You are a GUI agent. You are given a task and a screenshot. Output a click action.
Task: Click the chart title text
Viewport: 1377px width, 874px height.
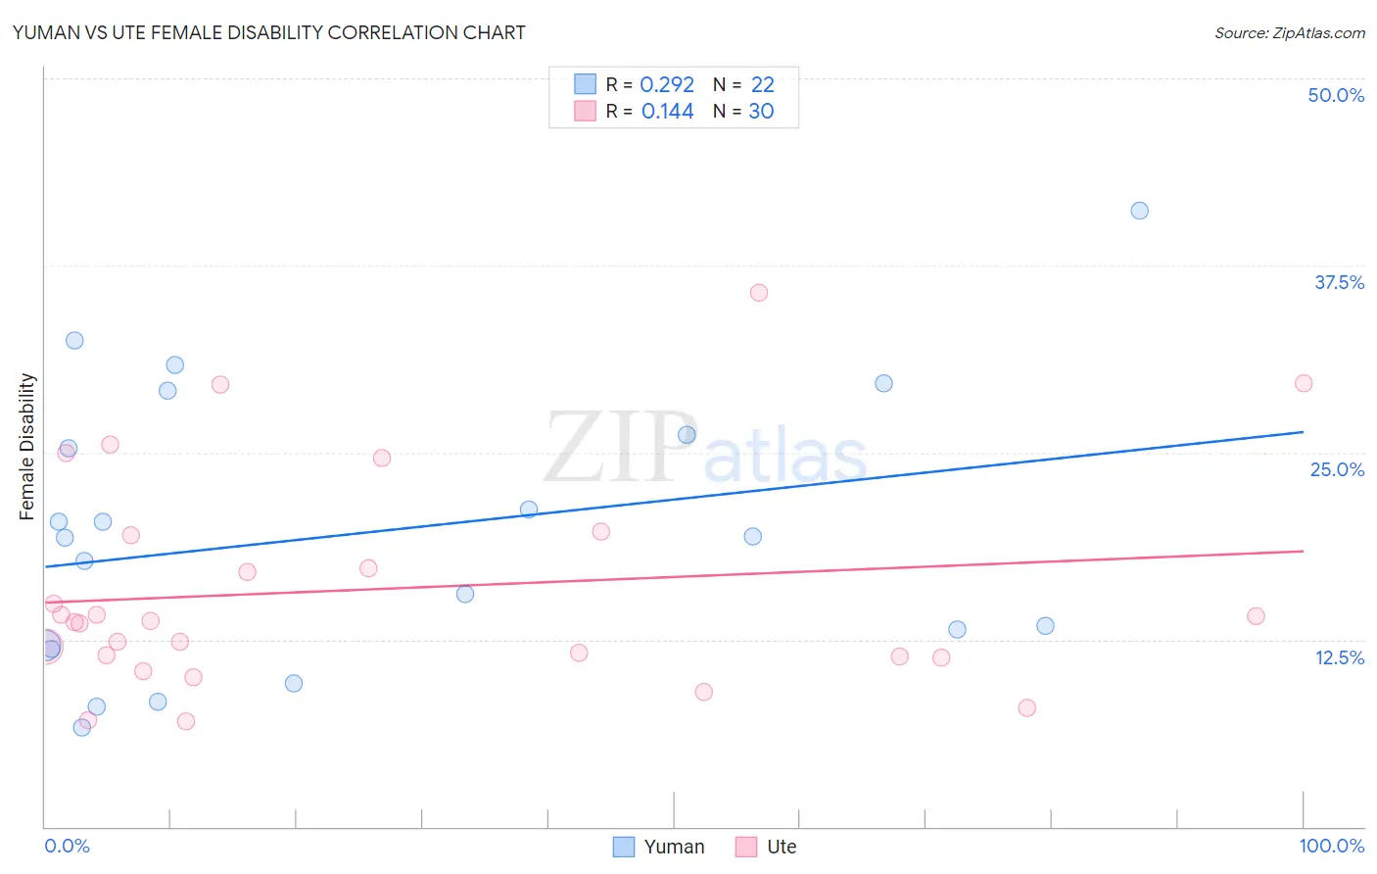coord(269,32)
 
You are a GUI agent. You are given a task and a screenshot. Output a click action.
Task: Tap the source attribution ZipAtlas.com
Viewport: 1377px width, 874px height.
coord(1289,32)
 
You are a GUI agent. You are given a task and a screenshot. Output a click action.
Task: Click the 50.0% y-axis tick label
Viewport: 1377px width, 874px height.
coord(1336,95)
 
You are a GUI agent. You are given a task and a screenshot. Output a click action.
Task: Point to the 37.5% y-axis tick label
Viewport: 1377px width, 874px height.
coord(1339,282)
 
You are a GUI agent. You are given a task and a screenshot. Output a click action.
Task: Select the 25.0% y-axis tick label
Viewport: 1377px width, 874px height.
coord(1337,469)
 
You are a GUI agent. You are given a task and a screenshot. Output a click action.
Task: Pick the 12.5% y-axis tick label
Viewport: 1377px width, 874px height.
coord(1339,657)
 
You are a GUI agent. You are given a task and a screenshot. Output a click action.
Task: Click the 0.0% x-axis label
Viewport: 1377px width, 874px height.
coord(67,846)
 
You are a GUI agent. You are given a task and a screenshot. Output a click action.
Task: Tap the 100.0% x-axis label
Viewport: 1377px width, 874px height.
coord(1331,846)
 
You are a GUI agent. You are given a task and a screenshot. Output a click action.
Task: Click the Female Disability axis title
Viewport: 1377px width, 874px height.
coord(27,446)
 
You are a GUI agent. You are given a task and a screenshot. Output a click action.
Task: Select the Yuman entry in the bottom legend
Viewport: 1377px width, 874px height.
coord(659,847)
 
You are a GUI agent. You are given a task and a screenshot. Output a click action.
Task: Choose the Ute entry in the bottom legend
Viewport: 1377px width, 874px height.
coord(767,847)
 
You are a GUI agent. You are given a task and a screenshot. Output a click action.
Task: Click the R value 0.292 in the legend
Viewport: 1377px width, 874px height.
coord(667,85)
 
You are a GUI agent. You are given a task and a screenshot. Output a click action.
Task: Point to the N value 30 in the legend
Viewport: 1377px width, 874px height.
coord(761,112)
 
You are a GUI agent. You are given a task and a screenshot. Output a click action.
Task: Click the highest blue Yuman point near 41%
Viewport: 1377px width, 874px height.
coord(1139,211)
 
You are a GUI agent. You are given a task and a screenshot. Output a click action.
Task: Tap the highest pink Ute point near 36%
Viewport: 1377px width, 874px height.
coord(758,293)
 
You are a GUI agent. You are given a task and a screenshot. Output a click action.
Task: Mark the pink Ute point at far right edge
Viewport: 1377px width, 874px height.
coord(1303,383)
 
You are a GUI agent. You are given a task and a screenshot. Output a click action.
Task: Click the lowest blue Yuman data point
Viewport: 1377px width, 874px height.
coord(82,727)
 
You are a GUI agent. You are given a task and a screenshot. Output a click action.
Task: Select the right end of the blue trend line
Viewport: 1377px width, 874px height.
coord(1303,431)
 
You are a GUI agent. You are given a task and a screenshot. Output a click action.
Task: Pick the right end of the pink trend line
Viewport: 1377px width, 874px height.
coord(1303,551)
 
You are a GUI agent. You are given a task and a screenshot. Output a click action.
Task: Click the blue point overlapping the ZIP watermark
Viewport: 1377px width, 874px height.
coord(687,435)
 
